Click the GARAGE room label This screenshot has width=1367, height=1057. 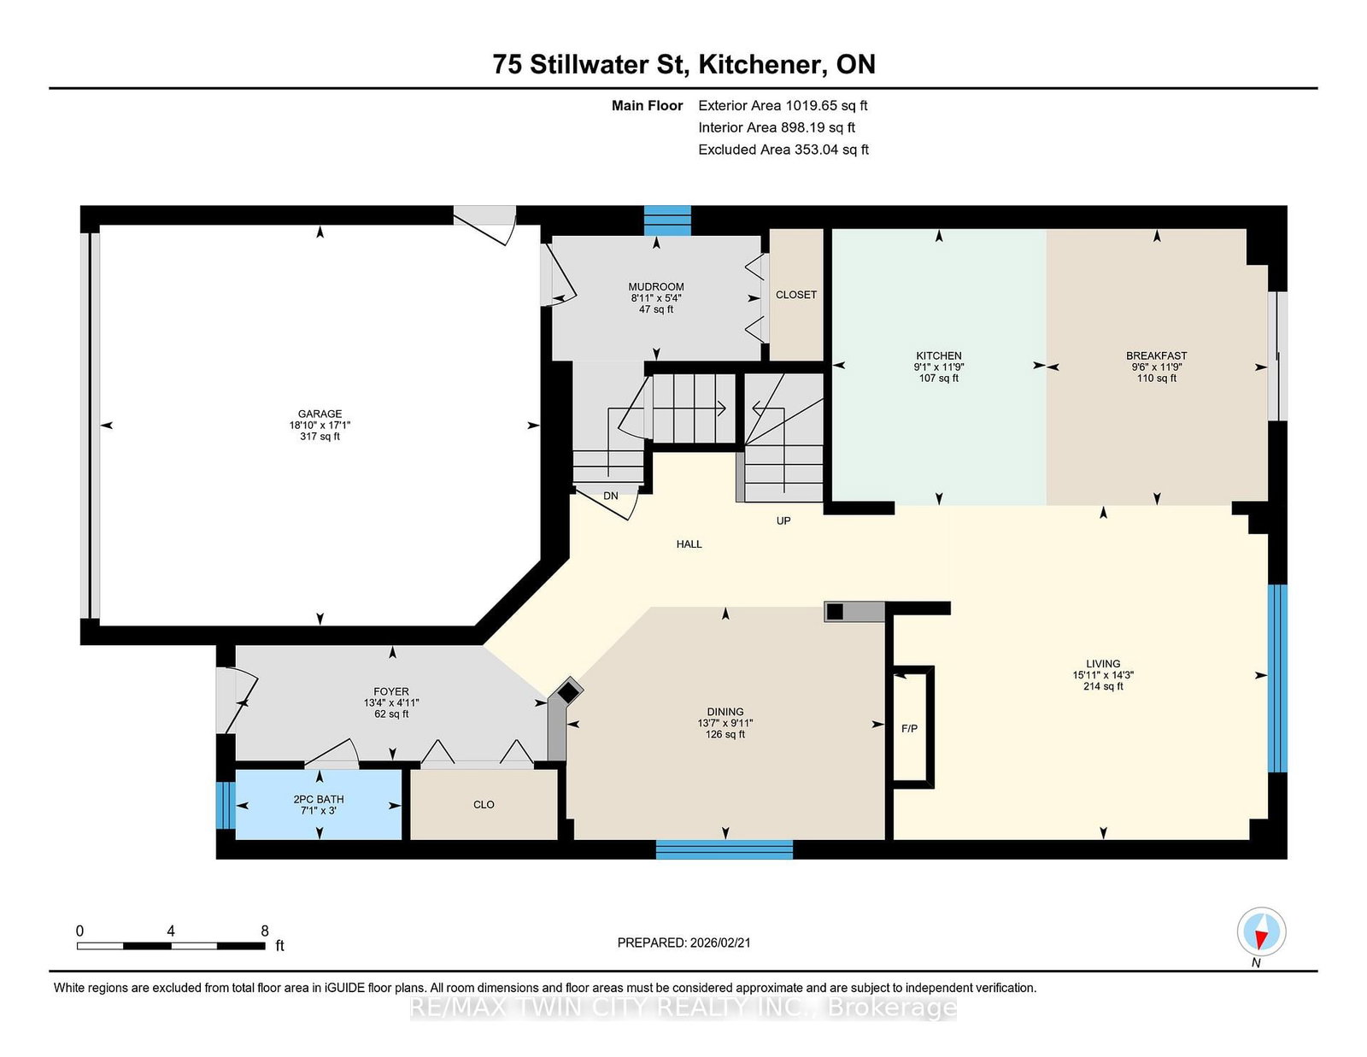pyautogui.click(x=320, y=414)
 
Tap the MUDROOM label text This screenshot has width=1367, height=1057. pyautogui.click(x=656, y=287)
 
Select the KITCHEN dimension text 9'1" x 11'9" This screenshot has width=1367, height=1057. pyautogui.click(x=938, y=367)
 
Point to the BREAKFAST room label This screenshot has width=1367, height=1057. pyautogui.click(x=1156, y=355)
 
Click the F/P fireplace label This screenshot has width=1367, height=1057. pyautogui.click(x=909, y=729)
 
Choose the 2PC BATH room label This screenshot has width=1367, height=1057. pyautogui.click(x=318, y=799)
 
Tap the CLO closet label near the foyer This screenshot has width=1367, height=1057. pyautogui.click(x=484, y=805)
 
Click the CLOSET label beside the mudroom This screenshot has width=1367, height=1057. pyautogui.click(x=795, y=295)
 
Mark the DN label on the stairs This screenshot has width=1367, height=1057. pyautogui.click(x=610, y=496)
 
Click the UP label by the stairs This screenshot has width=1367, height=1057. pyautogui.click(x=783, y=520)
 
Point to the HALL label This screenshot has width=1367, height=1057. pyautogui.click(x=689, y=543)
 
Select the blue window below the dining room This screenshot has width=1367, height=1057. pyautogui.click(x=724, y=849)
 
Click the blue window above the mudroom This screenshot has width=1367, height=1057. pyautogui.click(x=666, y=220)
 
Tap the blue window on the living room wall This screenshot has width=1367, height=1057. pyautogui.click(x=1276, y=678)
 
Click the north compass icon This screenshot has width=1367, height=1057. pyautogui.click(x=1261, y=931)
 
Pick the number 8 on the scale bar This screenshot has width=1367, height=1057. pyautogui.click(x=265, y=931)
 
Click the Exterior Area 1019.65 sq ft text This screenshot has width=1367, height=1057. pyautogui.click(x=783, y=106)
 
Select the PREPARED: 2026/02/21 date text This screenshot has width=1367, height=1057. pyautogui.click(x=683, y=942)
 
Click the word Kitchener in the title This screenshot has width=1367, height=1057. pyautogui.click(x=762, y=65)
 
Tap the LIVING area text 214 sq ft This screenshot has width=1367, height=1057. pyautogui.click(x=1102, y=686)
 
